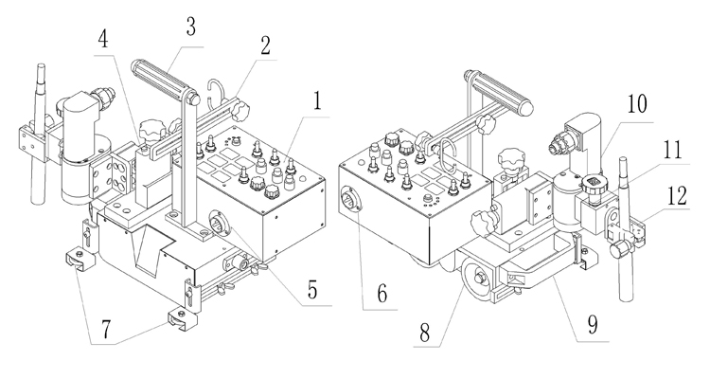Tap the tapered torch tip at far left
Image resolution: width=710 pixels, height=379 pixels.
(41, 80)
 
